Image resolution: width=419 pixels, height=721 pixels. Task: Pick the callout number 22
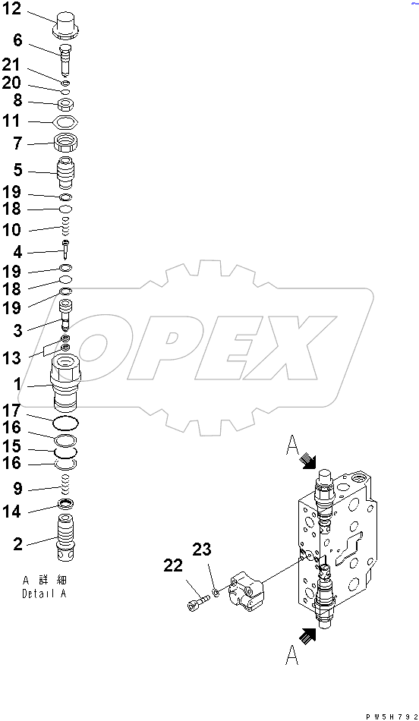click(172, 565)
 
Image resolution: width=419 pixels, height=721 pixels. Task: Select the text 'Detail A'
click(44, 593)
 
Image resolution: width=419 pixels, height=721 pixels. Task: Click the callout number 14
click(13, 512)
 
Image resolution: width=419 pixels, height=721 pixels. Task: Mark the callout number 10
click(13, 230)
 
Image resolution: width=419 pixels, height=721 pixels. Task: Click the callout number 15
click(13, 447)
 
